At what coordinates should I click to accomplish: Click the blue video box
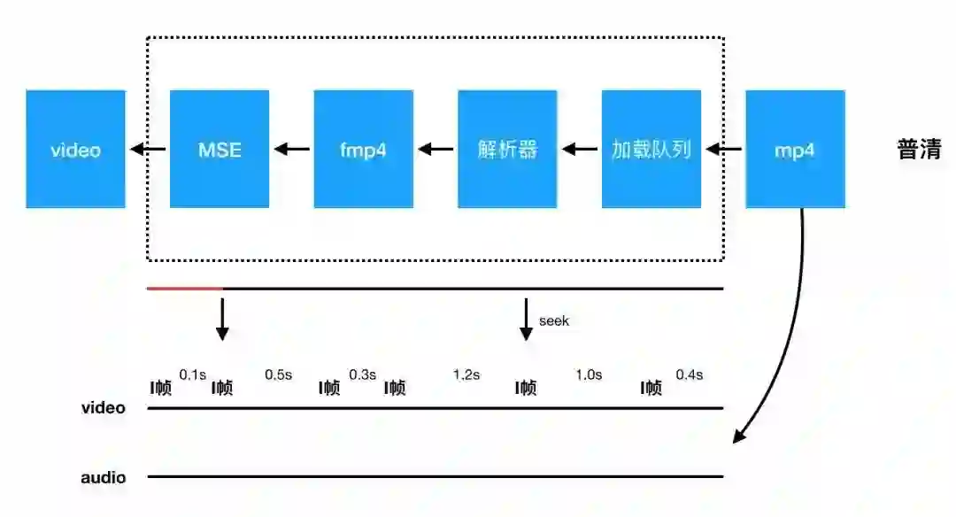(x=75, y=149)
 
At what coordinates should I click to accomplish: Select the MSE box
(x=219, y=149)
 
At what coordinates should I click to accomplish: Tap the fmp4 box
(x=363, y=149)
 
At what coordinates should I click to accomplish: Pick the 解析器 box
(x=507, y=149)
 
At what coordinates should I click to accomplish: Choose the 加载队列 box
(x=651, y=149)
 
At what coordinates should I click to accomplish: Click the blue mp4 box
(x=795, y=149)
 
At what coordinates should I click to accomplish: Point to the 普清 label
(x=919, y=150)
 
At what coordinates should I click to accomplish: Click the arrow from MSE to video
(x=148, y=150)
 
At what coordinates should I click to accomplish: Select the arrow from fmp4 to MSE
(x=291, y=150)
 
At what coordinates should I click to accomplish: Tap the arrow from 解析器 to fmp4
(x=436, y=150)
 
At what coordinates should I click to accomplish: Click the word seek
(x=554, y=320)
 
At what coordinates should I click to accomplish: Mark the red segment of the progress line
(x=184, y=289)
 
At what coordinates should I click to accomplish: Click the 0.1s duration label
(x=193, y=374)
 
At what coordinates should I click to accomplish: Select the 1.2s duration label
(x=466, y=374)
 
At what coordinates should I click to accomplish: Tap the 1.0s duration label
(x=589, y=374)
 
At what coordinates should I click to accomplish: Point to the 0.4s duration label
(x=689, y=374)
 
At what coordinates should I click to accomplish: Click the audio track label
(x=104, y=478)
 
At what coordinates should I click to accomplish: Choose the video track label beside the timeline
(x=104, y=408)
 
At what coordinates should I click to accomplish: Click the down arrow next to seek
(x=526, y=320)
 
